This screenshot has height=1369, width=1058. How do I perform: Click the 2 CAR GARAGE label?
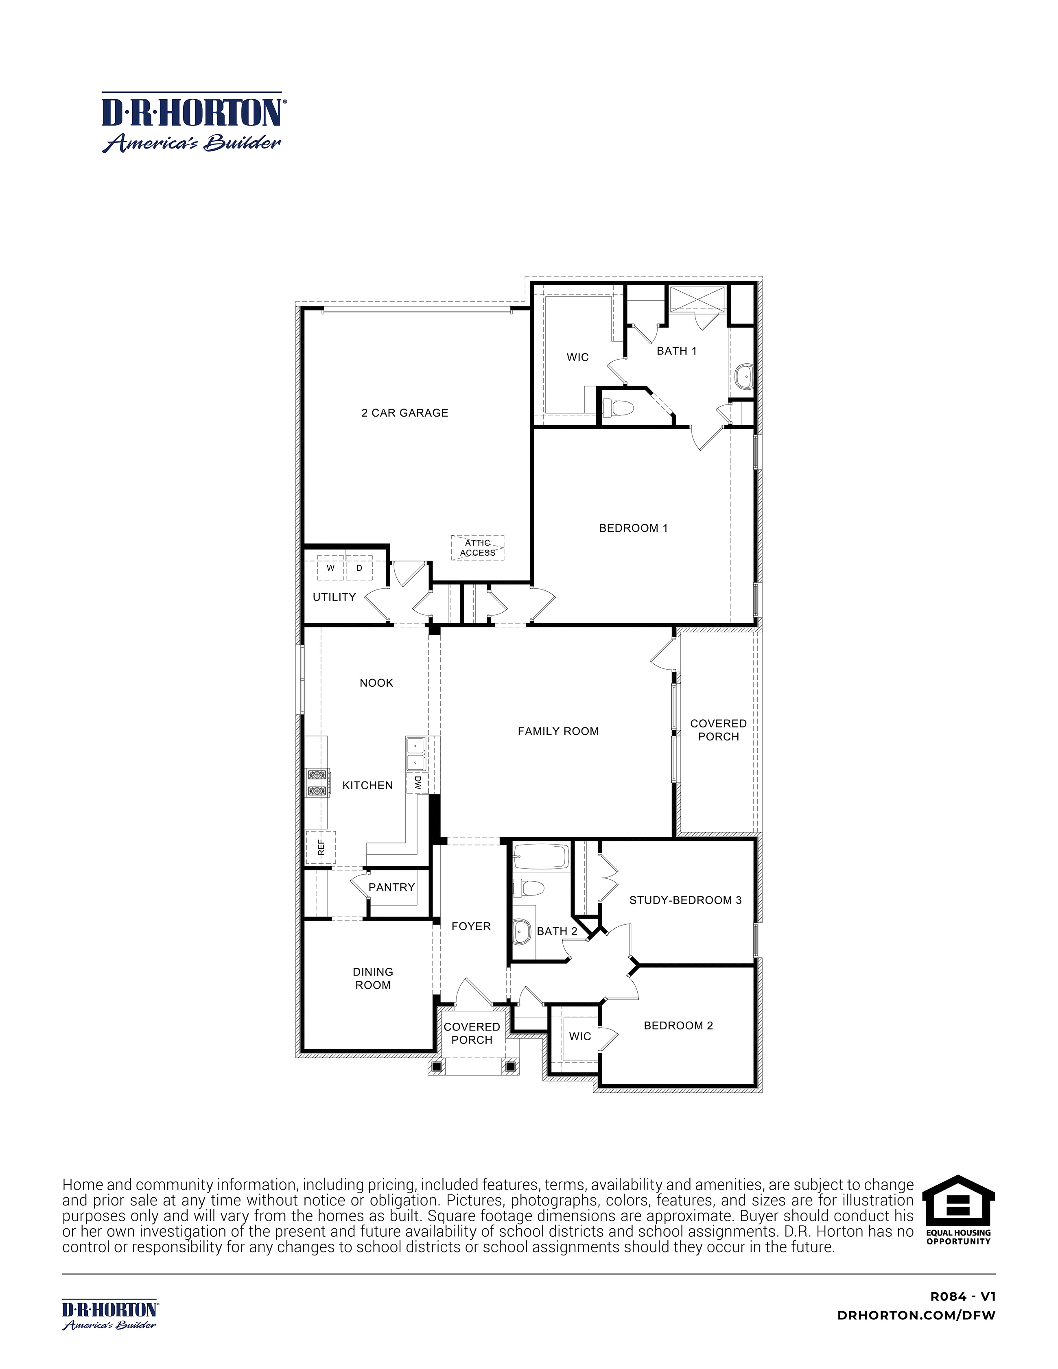404,413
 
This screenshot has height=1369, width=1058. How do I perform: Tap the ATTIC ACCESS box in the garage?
477,548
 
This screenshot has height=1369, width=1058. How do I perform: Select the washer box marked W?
330,568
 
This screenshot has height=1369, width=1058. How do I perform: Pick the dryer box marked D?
359,568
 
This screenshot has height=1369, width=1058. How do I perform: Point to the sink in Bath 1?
744,377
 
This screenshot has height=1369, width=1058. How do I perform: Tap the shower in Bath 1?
697,299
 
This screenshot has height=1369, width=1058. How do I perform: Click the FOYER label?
471,926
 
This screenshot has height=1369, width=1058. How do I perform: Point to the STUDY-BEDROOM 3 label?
685,900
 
